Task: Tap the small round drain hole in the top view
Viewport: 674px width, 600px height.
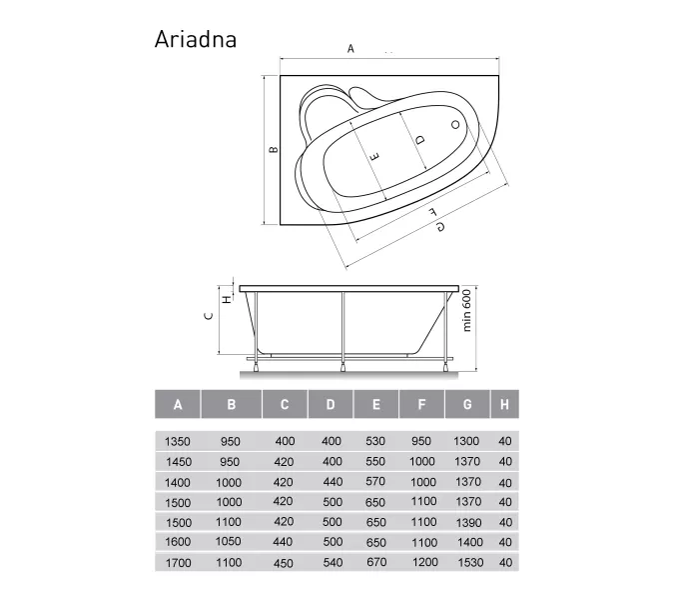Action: tap(455, 125)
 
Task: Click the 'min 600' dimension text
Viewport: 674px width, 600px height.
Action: tap(467, 318)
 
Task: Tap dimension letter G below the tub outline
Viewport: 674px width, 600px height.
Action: tap(439, 227)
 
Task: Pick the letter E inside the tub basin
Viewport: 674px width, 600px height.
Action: tap(374, 156)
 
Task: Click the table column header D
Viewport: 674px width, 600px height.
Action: tap(331, 405)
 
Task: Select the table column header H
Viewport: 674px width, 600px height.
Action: tap(505, 405)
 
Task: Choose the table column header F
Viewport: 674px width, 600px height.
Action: tap(422, 405)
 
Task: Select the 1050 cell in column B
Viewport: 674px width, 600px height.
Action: tap(231, 542)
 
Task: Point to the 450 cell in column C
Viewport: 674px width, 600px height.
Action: tap(285, 563)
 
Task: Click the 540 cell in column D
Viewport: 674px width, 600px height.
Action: tap(331, 563)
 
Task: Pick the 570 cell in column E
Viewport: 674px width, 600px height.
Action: tap(375, 481)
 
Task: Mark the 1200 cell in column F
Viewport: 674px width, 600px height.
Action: tap(423, 563)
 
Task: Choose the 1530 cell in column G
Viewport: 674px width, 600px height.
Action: tap(467, 563)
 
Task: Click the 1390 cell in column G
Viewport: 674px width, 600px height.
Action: tap(467, 522)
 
